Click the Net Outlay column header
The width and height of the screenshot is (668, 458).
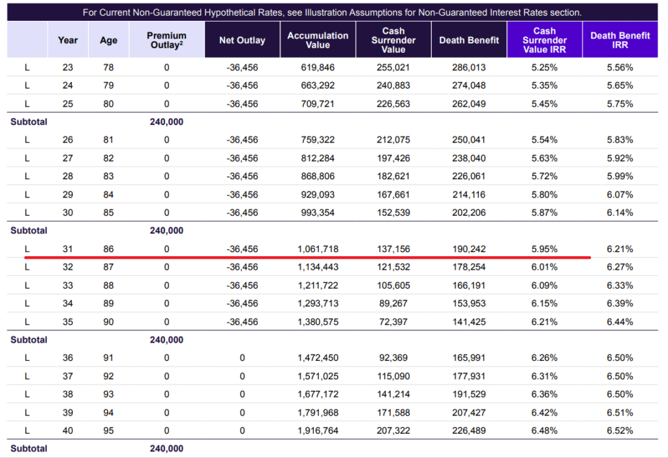click(242, 40)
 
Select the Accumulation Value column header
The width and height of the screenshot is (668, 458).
click(318, 40)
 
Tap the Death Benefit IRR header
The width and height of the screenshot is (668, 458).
click(620, 40)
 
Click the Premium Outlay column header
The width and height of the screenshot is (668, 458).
click(166, 40)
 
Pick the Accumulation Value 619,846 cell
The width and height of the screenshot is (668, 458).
click(318, 68)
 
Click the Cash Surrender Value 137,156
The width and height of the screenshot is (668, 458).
click(393, 249)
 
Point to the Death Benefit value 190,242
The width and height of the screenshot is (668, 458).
click(468, 249)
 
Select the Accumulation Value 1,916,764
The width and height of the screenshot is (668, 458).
click(318, 431)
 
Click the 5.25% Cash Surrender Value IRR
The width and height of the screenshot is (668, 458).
click(544, 68)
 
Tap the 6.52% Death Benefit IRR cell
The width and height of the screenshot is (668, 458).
click(620, 431)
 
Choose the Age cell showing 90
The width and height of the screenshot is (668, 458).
click(108, 322)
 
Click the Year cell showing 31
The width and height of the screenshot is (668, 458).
click(68, 249)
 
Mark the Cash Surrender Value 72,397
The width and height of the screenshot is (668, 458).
click(393, 322)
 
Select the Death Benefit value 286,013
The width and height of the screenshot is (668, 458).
click(468, 68)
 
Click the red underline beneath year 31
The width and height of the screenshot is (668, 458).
click(308, 257)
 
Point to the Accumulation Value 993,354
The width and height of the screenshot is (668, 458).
click(318, 213)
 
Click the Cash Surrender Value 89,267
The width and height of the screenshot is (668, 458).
click(393, 304)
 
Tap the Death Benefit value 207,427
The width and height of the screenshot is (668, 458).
click(468, 413)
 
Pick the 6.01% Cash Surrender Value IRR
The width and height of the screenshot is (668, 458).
click(544, 267)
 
